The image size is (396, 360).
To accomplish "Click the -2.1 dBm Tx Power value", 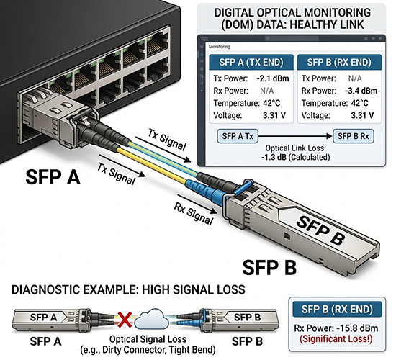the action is tap(273, 78).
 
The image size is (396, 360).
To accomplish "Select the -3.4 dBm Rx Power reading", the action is tap(361, 91).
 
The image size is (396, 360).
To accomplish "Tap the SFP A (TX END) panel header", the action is tap(251, 63).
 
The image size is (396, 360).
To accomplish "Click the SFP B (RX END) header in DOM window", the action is tap(339, 63).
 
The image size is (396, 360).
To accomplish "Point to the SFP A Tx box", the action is tap(238, 136).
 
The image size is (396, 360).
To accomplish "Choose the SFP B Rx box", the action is tap(354, 136).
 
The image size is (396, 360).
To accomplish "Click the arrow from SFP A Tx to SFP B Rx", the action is tap(295, 136).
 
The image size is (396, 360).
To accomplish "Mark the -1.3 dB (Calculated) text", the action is tap(296, 158).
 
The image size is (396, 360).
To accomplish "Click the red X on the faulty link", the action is tap(125, 319).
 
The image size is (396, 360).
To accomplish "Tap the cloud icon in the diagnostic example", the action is tap(152, 319).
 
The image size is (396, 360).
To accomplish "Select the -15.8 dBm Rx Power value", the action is tap(357, 328).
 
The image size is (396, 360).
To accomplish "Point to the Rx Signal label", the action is tap(194, 214).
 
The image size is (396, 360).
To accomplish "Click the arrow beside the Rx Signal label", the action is tap(197, 204).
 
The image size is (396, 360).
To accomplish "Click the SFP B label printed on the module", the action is tap(320, 230).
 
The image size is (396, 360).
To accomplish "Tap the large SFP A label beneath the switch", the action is tap(53, 176).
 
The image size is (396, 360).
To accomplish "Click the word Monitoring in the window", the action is tap(220, 47).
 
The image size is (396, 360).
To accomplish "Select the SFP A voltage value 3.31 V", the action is tap(274, 115).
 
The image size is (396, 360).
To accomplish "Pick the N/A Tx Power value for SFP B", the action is tap(355, 78).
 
